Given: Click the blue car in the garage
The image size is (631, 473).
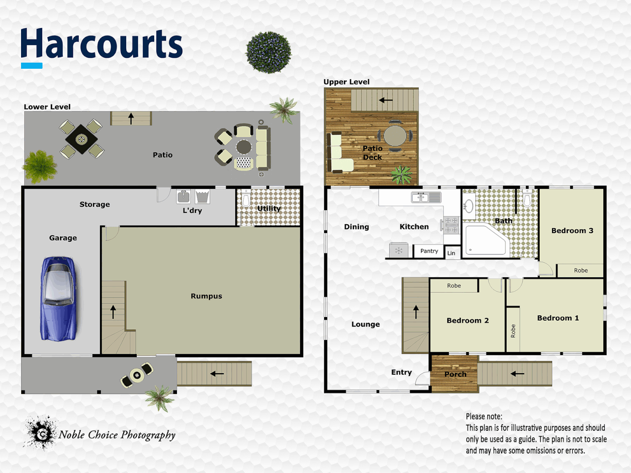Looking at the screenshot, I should point(59,299).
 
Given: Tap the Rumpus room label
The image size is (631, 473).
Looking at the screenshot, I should point(206,296).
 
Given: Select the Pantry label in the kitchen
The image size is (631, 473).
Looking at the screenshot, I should point(429,251).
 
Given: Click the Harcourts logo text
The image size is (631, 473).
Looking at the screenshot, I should point(102,44).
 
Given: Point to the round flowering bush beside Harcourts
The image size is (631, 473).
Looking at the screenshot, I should point(269,52).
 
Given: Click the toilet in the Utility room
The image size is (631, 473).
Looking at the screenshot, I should point(246,199).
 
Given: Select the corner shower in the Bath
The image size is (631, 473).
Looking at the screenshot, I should point(484,240).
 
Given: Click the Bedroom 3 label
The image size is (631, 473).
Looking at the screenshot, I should point(572,231).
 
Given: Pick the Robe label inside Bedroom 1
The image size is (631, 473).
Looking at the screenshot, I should point(513,331).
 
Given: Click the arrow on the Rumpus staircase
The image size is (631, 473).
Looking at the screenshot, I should point(113,311).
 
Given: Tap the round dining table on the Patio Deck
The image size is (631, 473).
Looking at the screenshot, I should point(395,136).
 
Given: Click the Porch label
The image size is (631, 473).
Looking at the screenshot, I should point(455,374).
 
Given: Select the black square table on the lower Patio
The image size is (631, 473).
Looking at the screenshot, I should point(82,139).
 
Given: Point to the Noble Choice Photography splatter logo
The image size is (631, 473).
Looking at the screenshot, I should point(40,433).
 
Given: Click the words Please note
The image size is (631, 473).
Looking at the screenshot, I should point(484,417).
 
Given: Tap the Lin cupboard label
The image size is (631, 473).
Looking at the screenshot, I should point(451,253).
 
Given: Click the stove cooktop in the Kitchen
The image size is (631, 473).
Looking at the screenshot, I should point(451,225).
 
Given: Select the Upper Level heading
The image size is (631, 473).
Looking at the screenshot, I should point(346,82).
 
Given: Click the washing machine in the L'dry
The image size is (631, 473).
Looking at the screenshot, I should point(183,197).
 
